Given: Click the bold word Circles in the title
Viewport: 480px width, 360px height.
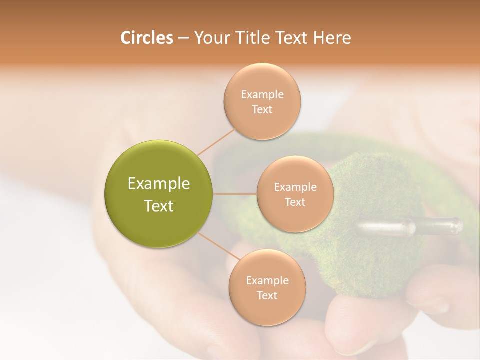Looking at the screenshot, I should coord(146,38).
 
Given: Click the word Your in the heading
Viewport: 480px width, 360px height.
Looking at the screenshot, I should coord(212,38).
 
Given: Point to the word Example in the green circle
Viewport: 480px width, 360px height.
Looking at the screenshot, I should coord(159,184).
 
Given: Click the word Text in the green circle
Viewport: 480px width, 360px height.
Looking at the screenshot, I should coord(159,206).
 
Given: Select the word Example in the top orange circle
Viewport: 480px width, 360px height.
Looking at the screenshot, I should coord(262,95).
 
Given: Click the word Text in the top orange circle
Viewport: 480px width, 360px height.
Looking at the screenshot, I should coord(262,110).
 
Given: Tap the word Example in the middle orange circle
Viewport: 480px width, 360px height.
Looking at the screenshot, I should coord(295,187).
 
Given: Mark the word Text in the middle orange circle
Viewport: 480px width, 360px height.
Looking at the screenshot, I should coord(295,202).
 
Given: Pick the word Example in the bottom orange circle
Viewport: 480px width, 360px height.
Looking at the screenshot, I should coord(267,281).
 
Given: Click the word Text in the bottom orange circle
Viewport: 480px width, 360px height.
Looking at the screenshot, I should coord(267,296).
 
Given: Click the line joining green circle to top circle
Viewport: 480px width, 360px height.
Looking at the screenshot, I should coord(216,142).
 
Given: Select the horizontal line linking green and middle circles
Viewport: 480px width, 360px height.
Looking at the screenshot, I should coord(235,194).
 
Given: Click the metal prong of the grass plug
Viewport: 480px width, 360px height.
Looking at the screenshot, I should coord(410,227).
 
